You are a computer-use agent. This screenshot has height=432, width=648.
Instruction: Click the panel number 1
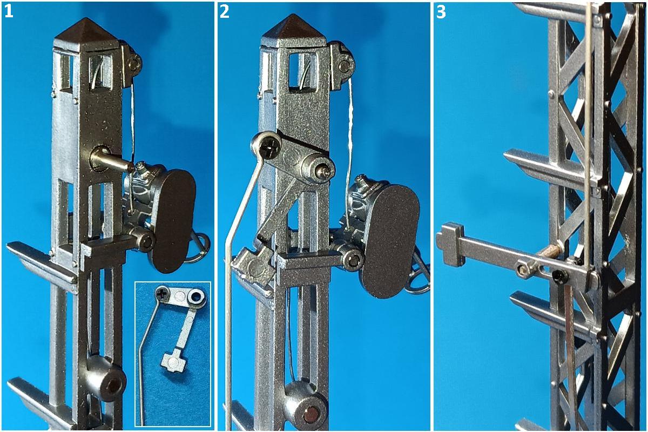[x=9, y=12]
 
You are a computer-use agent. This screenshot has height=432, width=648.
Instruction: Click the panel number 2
[x=225, y=12]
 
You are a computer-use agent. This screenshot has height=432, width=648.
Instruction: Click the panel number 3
[x=441, y=12]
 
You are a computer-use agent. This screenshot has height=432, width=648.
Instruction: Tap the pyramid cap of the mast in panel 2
[x=294, y=28]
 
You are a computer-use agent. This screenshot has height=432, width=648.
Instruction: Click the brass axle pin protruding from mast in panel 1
[x=111, y=160]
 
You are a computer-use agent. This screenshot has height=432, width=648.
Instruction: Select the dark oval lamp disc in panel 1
[x=173, y=221]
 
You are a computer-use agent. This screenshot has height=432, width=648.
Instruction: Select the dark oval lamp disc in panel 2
[x=390, y=241]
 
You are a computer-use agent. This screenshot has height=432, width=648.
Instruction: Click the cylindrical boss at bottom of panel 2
[x=306, y=405]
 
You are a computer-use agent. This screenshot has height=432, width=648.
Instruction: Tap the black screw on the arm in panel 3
[x=561, y=276]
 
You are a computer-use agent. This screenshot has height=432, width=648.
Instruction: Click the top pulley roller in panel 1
[x=134, y=63]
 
